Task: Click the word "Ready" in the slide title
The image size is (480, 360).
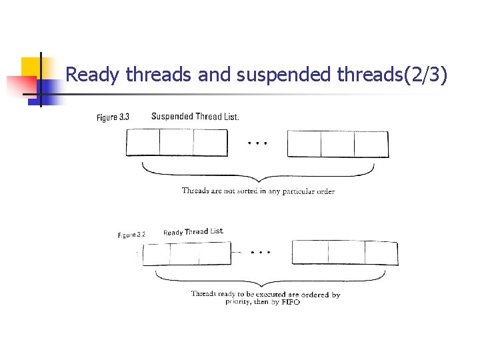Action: click(87, 75)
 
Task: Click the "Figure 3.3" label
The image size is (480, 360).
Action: click(113, 117)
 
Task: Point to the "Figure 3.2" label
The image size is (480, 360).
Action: click(131, 235)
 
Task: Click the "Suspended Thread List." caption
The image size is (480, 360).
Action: click(195, 117)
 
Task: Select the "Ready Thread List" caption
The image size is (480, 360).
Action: click(193, 232)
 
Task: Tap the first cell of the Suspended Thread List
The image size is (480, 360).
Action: click(143, 143)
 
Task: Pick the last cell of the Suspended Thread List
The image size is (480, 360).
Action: click(371, 143)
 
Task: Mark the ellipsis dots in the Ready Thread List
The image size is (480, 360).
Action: click(261, 253)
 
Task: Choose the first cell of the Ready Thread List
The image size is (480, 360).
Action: click(157, 254)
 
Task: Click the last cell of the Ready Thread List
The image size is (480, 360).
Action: click(381, 253)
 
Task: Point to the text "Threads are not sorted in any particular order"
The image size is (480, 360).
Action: click(258, 191)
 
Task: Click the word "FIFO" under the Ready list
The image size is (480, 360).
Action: click(290, 303)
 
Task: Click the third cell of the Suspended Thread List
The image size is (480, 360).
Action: click(210, 143)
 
